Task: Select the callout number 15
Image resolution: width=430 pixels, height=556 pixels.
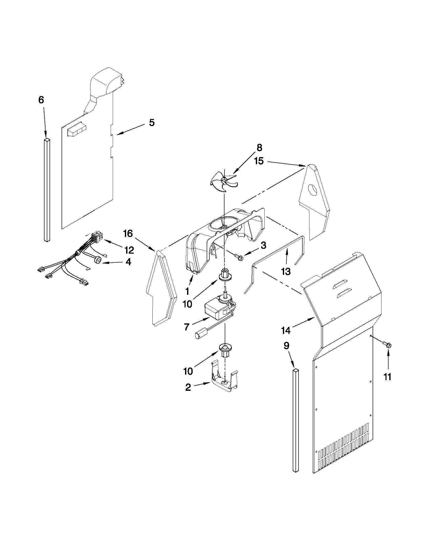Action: click(259, 161)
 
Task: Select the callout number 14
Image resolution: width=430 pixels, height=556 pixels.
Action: click(286, 330)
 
